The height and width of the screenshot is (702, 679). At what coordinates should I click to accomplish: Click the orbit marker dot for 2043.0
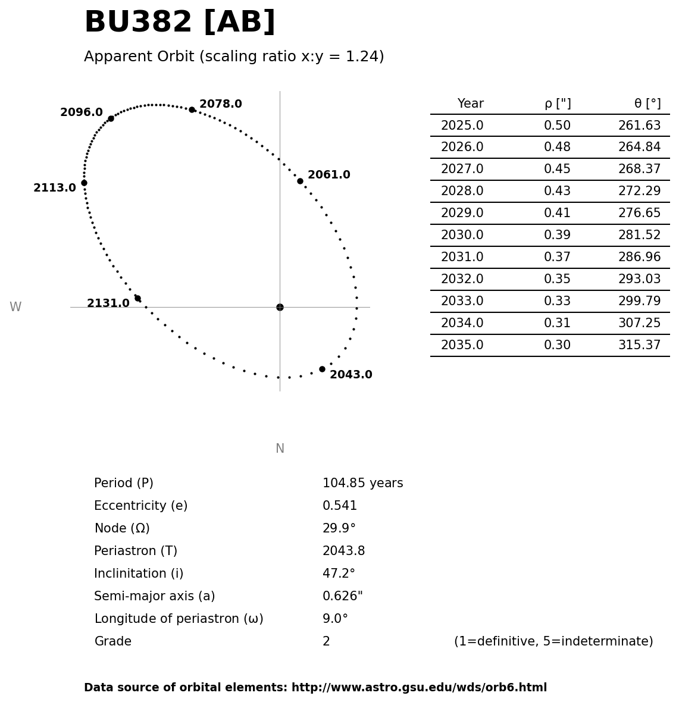322,369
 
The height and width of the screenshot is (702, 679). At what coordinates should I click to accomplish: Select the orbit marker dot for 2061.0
300,181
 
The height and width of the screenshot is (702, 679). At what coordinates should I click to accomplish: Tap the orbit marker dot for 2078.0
192,109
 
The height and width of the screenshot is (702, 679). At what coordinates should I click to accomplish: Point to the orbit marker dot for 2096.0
111,118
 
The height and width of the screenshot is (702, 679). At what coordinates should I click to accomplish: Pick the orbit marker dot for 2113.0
84,183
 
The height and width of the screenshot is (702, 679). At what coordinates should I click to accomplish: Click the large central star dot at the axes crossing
280,307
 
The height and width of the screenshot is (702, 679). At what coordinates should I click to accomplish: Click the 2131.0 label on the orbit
108,303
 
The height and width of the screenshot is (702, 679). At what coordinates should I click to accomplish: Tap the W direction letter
15,307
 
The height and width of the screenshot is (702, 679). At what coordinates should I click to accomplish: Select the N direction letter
280,449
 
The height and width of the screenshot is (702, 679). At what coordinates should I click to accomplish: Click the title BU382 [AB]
180,23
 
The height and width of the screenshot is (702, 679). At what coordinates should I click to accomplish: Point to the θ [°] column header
647,104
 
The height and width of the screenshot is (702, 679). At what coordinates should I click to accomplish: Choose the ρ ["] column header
558,104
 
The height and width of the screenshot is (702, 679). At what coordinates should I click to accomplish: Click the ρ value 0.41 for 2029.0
557,213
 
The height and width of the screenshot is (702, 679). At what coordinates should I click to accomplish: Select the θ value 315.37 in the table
639,345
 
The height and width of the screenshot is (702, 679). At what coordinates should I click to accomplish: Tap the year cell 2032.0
462,279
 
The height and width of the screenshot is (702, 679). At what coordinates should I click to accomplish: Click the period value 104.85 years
362,484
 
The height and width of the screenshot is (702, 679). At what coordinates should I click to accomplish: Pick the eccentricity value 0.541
340,506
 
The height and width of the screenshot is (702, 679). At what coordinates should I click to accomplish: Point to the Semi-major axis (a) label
155,596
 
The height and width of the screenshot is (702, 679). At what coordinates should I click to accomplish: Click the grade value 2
326,641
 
